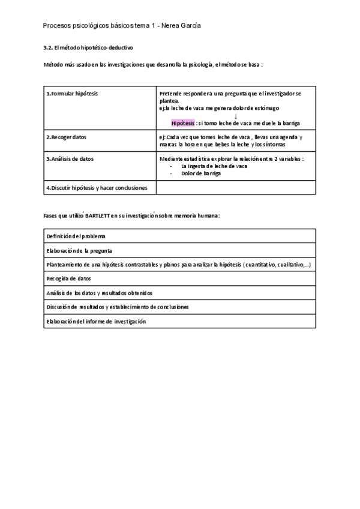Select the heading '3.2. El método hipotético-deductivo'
point(89,47)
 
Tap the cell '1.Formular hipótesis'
point(73,94)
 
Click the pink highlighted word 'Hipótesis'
point(182,123)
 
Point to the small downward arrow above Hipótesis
point(236,116)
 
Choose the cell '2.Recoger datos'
point(67,137)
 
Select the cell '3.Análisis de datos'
point(70,159)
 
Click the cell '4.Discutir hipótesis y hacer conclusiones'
point(97,187)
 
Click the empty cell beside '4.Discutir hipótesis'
point(235,187)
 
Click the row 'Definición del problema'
point(76,236)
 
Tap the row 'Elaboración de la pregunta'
point(79,250)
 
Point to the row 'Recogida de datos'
point(69,279)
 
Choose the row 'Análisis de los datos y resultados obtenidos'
point(100,293)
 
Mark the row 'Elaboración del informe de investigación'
point(96,321)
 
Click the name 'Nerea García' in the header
point(182,26)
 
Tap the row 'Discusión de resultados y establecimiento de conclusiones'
point(118,307)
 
